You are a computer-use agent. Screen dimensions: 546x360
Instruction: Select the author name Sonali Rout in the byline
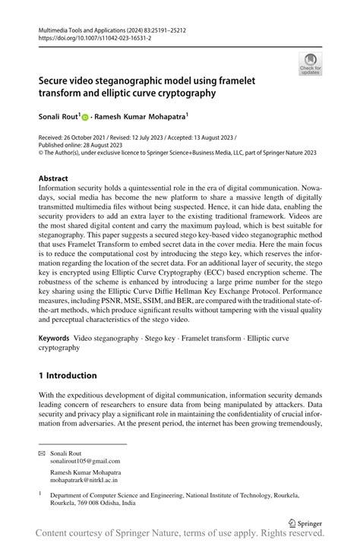[x=59, y=118]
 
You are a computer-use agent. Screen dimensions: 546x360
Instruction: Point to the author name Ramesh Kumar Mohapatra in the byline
[x=144, y=118]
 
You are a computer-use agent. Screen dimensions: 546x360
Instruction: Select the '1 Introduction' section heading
[x=68, y=375]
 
